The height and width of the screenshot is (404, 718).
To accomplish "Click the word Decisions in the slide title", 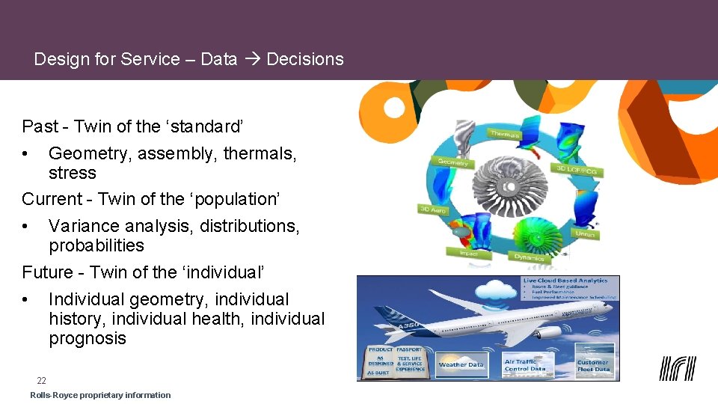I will (x=304, y=59).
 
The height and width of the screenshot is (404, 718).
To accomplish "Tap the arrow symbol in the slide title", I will (x=251, y=59).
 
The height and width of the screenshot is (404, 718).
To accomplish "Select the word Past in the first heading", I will (x=40, y=126).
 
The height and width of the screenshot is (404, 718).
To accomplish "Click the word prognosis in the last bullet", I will (x=88, y=338).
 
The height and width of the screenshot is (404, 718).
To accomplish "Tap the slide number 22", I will (x=42, y=381).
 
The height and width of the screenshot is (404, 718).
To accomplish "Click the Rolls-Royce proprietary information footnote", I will (x=100, y=395).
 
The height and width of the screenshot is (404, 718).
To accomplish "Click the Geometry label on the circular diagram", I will (x=452, y=162).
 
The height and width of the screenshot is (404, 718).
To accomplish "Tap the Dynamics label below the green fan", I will (x=528, y=257).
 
